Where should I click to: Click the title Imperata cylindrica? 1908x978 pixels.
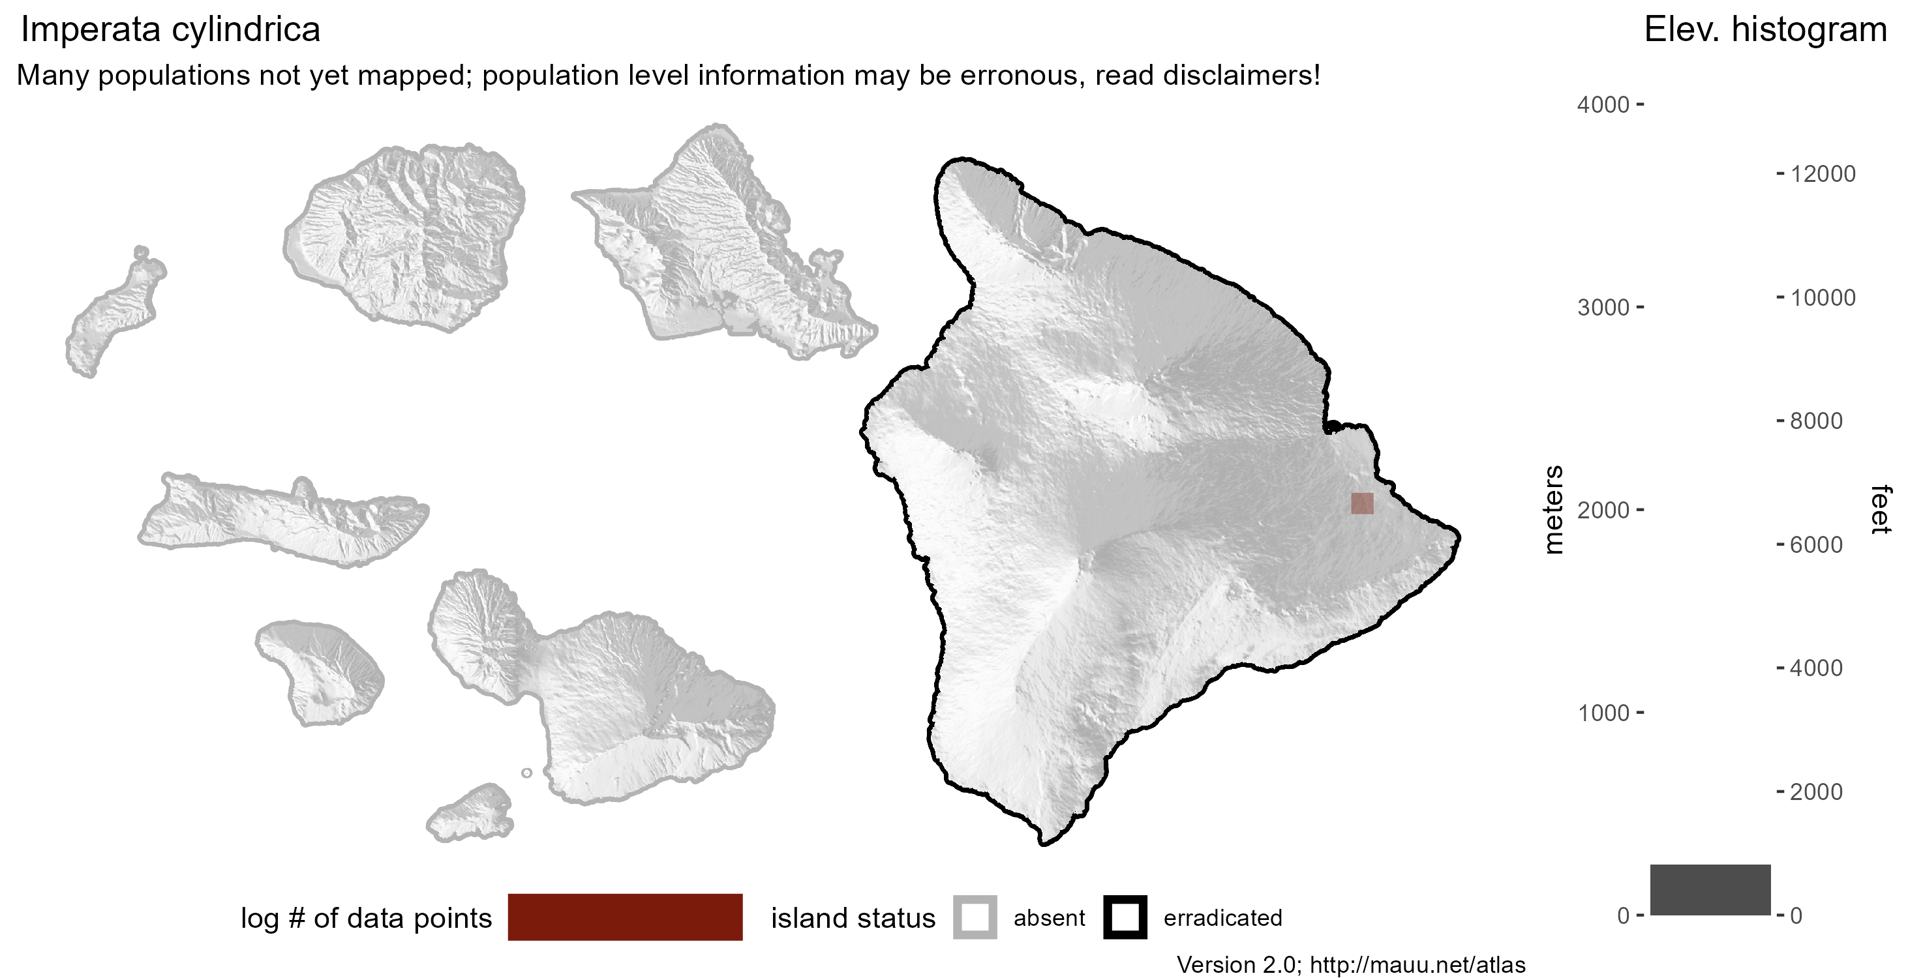[170, 29]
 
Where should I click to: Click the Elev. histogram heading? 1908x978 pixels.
[1765, 29]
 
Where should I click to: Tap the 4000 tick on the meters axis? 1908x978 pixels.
[1603, 104]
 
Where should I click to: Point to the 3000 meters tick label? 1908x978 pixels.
[1603, 307]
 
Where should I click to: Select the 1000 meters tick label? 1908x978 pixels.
[1603, 713]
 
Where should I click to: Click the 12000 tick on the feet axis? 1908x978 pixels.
[1822, 174]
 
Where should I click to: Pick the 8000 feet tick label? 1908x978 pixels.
[1815, 421]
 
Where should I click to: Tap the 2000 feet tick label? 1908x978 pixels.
[1815, 792]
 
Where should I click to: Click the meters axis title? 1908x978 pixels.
[1553, 509]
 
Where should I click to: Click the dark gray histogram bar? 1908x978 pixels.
[1710, 889]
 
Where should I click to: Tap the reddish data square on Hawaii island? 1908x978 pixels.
[1361, 503]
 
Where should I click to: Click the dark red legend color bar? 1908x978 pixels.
[624, 917]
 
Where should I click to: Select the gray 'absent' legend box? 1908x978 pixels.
[974, 917]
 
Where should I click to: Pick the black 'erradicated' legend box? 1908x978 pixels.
[1125, 917]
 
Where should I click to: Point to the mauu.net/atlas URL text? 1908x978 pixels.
[1417, 965]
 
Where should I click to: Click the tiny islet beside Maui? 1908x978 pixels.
[526, 773]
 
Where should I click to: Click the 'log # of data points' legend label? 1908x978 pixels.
[366, 918]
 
